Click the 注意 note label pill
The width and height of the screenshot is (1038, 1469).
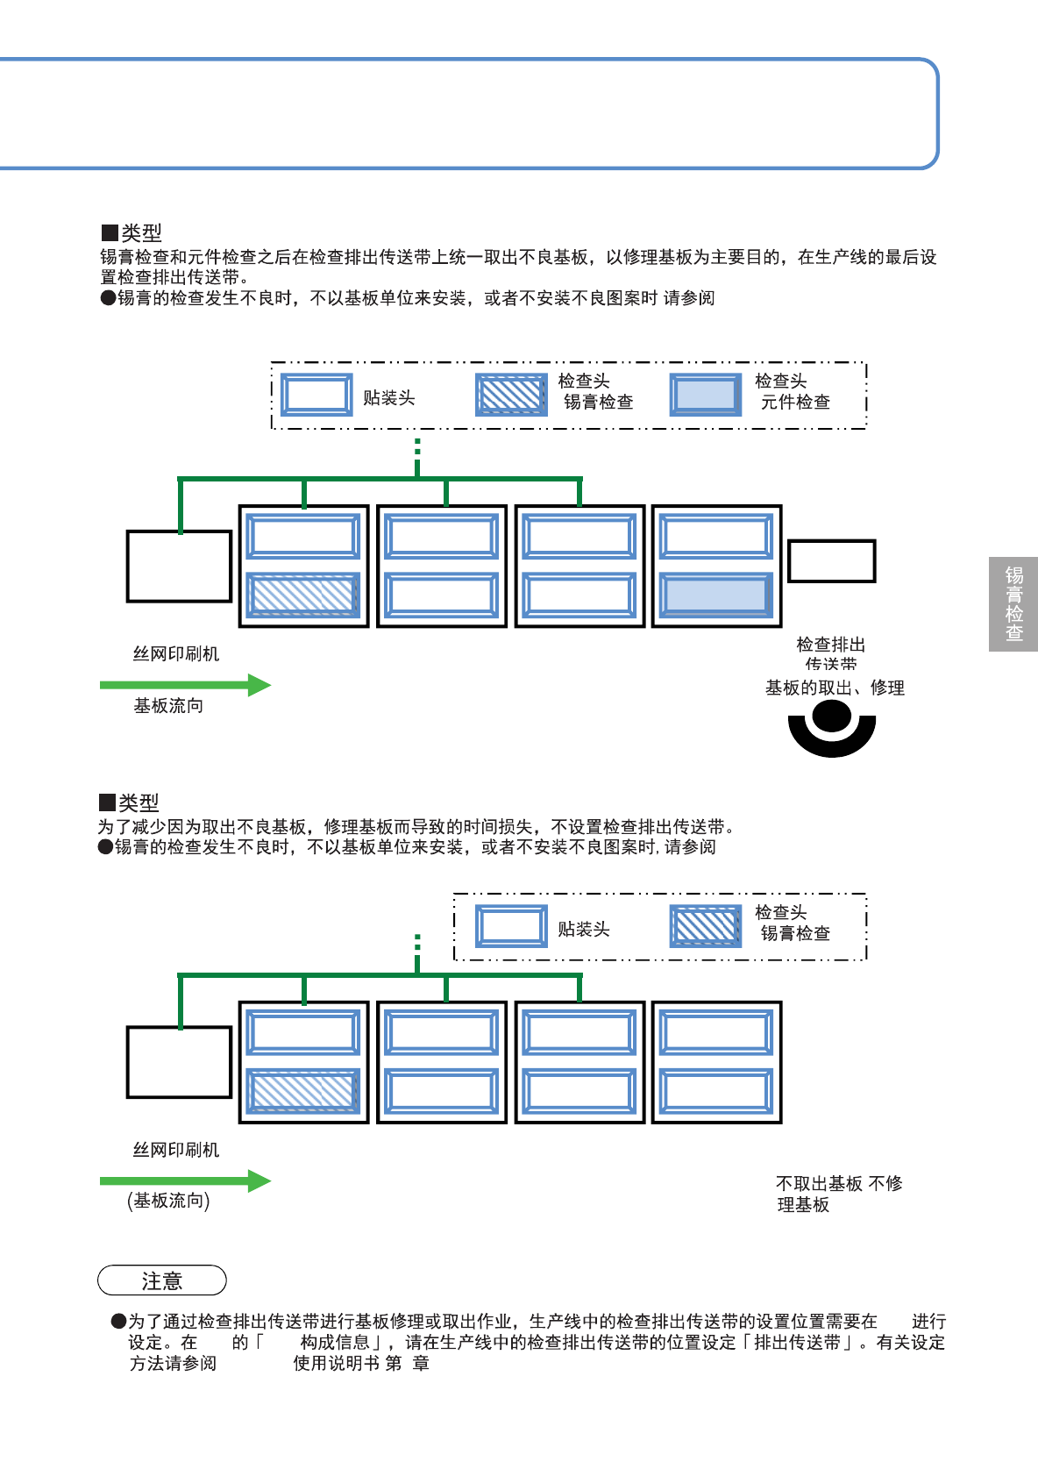point(162,1280)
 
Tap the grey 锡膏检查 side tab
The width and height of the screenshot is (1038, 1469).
point(1013,604)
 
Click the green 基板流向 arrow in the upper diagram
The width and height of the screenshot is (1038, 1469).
point(185,685)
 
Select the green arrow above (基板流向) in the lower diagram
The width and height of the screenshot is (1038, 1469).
point(185,1181)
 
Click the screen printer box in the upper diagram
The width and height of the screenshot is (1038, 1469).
point(180,566)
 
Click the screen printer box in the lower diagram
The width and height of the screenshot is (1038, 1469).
point(180,1062)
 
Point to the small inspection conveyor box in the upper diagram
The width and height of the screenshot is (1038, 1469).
point(831,561)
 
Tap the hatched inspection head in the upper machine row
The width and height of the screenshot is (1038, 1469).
point(303,595)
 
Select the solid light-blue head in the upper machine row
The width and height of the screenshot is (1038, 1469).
point(716,595)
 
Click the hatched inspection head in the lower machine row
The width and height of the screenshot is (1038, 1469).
point(303,1092)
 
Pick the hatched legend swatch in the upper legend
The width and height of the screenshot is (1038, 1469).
point(512,396)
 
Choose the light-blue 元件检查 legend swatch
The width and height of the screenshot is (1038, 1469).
point(706,396)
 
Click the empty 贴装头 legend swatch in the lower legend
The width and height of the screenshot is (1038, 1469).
point(512,927)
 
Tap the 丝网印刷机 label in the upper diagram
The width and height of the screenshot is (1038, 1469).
point(176,654)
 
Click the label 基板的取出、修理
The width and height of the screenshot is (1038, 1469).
point(835,688)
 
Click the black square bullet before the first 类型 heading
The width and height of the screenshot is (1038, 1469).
point(110,233)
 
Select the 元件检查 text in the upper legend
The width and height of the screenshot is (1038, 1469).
point(795,403)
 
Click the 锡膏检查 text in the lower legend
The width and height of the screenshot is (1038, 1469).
point(795,934)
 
